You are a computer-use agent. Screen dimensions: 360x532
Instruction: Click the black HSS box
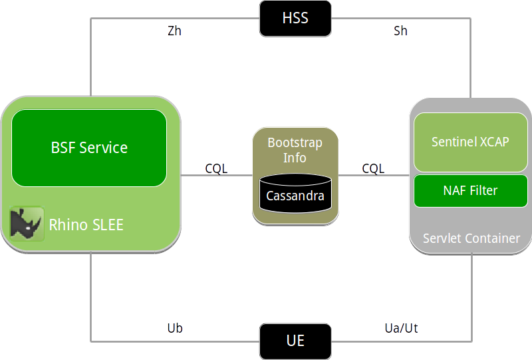click(x=295, y=18)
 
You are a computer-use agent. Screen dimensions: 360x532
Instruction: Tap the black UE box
click(x=295, y=341)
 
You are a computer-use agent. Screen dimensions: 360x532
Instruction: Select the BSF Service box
click(x=89, y=148)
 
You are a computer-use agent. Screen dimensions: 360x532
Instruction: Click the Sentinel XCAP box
click(x=470, y=142)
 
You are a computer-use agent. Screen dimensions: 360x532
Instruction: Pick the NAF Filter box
click(x=470, y=190)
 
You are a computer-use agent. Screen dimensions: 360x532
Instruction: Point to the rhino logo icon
click(x=27, y=224)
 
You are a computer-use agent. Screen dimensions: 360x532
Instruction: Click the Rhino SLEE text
click(x=86, y=225)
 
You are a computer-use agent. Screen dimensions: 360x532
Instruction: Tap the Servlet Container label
click(x=471, y=238)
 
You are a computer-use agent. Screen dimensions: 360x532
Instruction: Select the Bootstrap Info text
click(x=295, y=150)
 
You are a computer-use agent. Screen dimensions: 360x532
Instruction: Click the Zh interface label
click(x=174, y=31)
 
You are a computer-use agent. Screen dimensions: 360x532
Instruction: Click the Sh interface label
click(x=400, y=31)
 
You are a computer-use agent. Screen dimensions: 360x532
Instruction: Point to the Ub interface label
click(x=174, y=328)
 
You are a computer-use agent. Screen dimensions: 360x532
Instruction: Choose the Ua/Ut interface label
click(x=402, y=328)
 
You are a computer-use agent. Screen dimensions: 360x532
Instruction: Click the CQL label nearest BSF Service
click(x=216, y=168)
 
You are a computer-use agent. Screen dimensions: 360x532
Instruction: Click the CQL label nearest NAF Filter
click(x=373, y=168)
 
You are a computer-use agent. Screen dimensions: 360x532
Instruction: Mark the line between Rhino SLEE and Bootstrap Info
click(x=217, y=176)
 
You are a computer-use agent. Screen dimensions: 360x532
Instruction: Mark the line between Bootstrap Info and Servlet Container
click(x=374, y=176)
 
